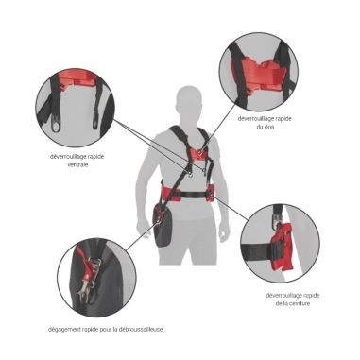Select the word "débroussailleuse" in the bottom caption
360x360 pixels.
pos(137,329)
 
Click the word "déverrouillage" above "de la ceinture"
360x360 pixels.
pos(282,295)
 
